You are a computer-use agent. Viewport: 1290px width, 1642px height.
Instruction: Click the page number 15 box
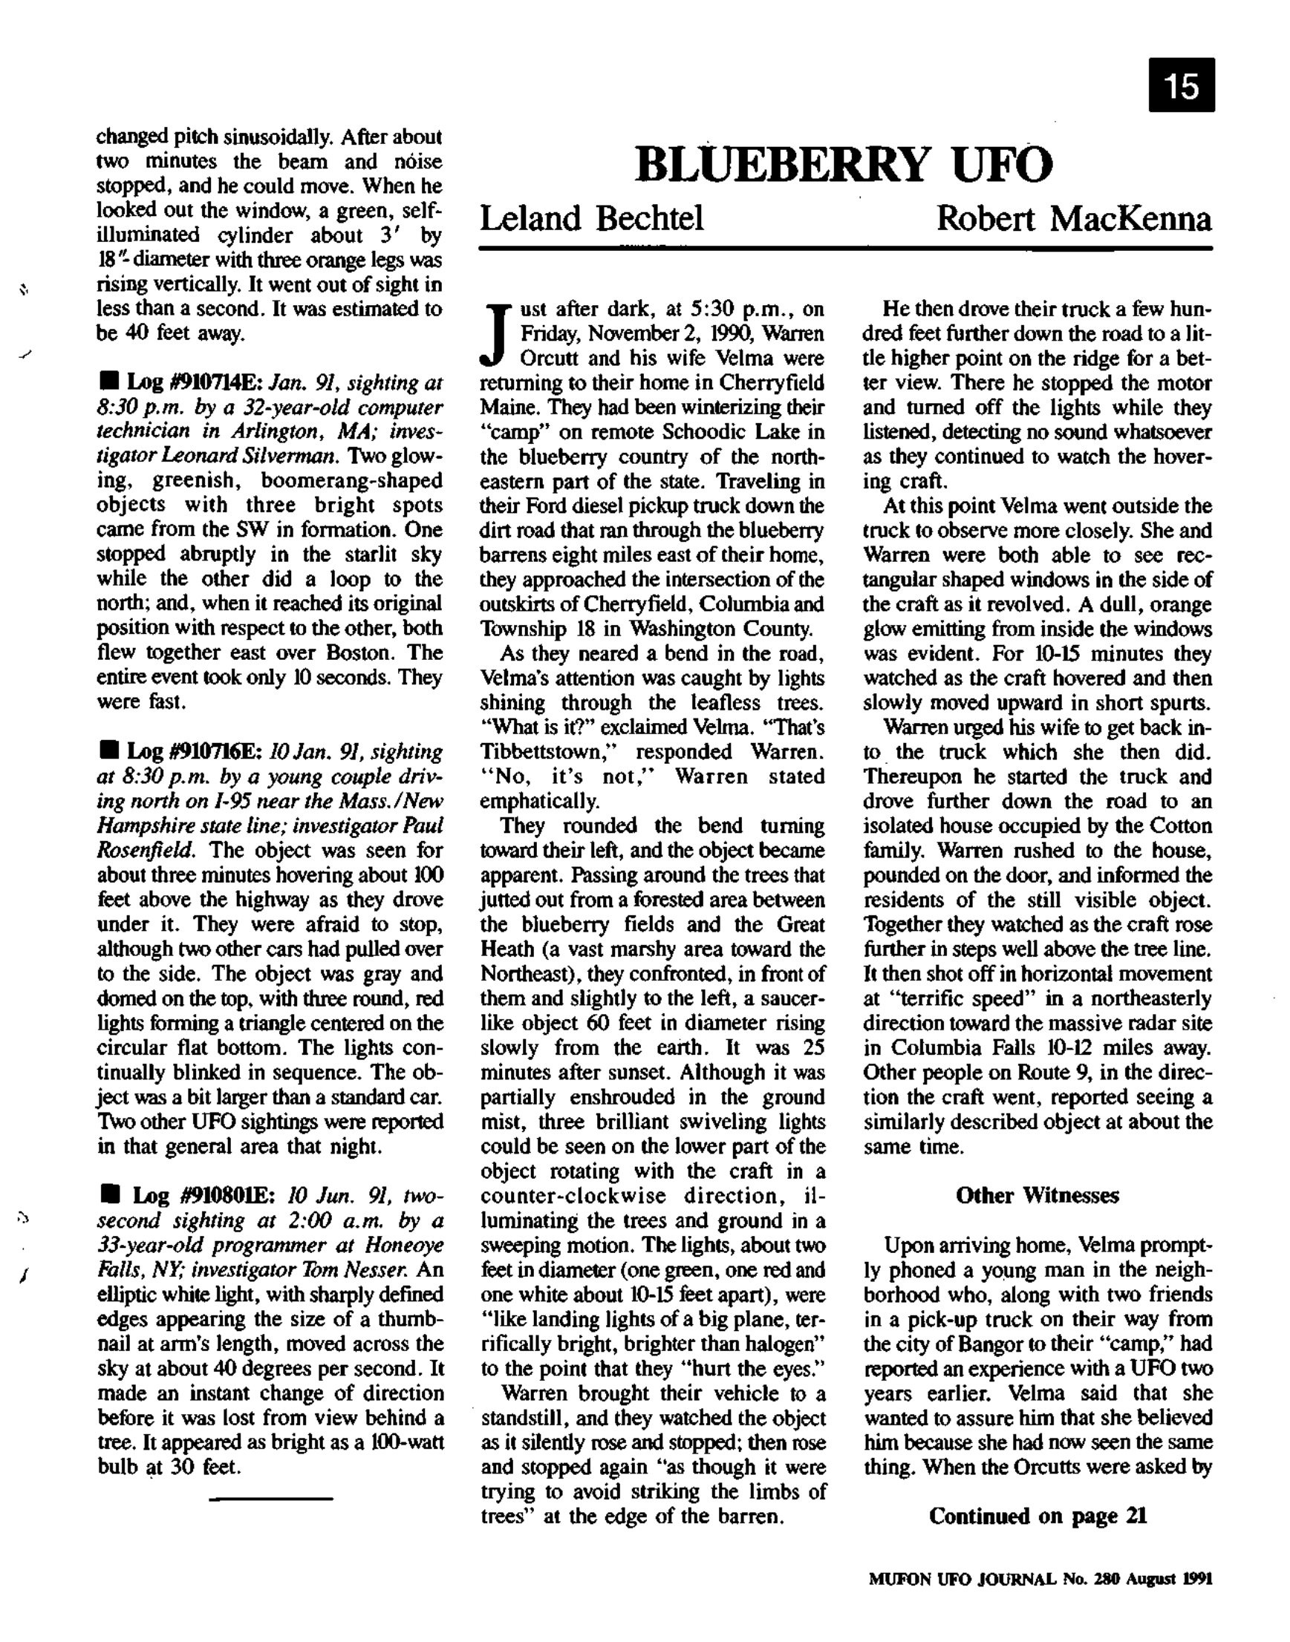click(1182, 85)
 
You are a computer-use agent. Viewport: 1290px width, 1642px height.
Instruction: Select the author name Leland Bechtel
click(591, 219)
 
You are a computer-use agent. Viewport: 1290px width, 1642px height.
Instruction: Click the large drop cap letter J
click(495, 333)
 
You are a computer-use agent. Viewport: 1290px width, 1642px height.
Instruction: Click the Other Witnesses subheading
click(1037, 1195)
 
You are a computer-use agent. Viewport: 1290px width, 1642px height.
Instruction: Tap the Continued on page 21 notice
click(1037, 1516)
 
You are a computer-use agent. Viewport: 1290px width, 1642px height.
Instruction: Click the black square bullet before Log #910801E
click(112, 1195)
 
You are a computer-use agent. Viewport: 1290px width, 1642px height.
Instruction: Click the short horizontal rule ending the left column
click(270, 1498)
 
